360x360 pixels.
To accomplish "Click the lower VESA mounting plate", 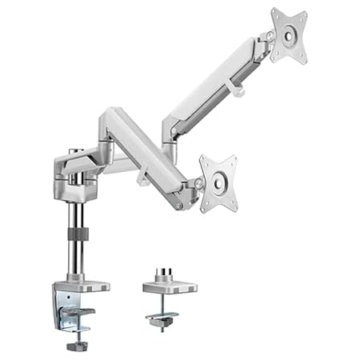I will pos(218,183).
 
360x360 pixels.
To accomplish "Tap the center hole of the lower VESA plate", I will pos(218,183).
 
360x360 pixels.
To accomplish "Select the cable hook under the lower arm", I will pos(142,178).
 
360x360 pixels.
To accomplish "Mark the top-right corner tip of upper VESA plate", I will pos(305,10).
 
